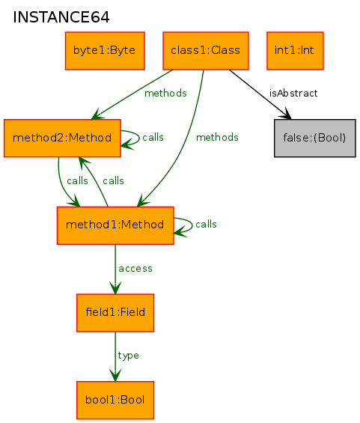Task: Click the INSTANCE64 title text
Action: tap(61, 17)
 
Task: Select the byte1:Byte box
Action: tap(105, 51)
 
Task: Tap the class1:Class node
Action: tap(206, 51)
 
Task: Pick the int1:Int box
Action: tap(295, 51)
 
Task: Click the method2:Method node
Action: tap(62, 138)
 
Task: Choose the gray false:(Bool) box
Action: tap(314, 138)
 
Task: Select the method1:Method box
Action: tap(115, 225)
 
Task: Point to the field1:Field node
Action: tap(115, 313)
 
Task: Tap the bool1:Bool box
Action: tap(115, 401)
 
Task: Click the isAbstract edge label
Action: tap(293, 94)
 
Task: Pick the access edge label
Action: tap(135, 269)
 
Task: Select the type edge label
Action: tap(129, 356)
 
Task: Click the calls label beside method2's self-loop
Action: tap(153, 137)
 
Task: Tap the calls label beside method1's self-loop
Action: tap(206, 224)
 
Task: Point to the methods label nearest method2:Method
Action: tap(165, 94)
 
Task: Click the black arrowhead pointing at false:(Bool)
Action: tap(287, 115)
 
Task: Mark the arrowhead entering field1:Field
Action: tap(115, 287)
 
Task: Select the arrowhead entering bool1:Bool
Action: tap(115, 375)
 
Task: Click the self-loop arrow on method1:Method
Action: tap(192, 225)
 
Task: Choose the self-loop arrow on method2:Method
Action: tap(139, 138)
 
